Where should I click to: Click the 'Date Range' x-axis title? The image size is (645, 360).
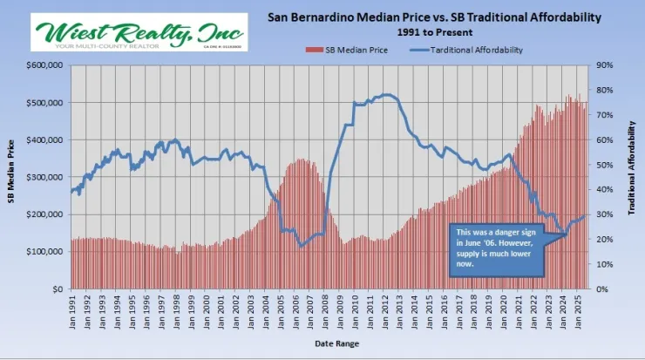tap(336, 343)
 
